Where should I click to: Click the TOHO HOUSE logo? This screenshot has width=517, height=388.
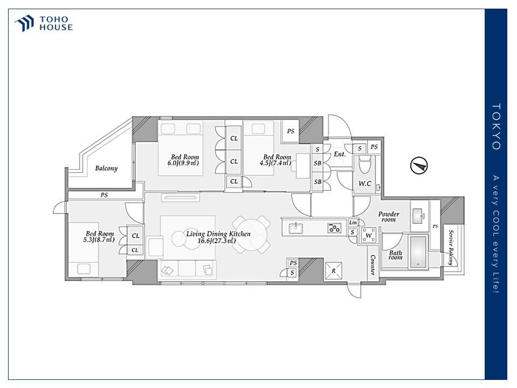click(x=43, y=23)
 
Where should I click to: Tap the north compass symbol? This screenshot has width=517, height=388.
click(x=419, y=165)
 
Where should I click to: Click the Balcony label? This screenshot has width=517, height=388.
click(x=106, y=168)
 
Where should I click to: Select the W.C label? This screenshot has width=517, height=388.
click(x=365, y=183)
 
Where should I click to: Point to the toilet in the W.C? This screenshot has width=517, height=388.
click(x=365, y=164)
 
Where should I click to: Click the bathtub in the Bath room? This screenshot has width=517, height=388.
click(x=418, y=252)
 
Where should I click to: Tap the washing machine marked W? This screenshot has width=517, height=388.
click(x=368, y=235)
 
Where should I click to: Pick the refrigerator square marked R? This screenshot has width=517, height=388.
click(x=333, y=271)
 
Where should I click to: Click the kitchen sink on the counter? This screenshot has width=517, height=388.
click(x=296, y=228)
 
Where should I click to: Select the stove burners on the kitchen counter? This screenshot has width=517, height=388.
click(x=334, y=228)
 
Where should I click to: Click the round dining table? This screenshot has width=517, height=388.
click(x=251, y=234)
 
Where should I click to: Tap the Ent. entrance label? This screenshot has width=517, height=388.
click(x=340, y=154)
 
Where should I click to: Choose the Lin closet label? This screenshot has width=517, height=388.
click(x=353, y=223)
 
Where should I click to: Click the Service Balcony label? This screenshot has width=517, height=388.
click(x=450, y=247)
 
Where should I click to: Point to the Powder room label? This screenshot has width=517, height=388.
click(x=389, y=217)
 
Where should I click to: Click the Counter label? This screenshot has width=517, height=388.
click(x=373, y=265)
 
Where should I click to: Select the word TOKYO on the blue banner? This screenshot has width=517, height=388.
click(x=496, y=127)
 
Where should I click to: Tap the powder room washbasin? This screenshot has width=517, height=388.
click(x=419, y=216)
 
